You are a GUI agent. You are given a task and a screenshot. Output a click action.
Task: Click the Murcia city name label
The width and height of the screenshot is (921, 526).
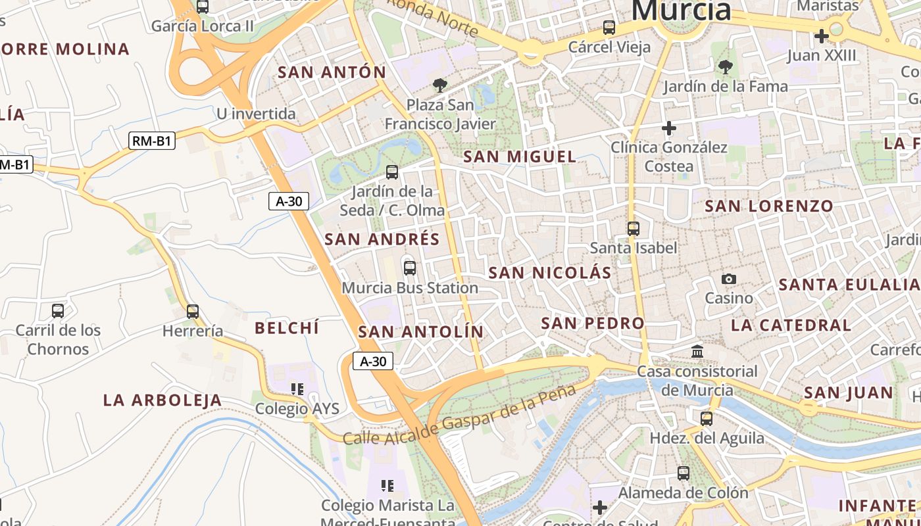[x=681, y=11]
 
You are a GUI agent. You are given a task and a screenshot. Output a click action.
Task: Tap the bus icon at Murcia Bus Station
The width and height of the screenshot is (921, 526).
[x=410, y=268]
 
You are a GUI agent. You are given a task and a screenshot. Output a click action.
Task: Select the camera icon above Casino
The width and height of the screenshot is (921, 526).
[x=728, y=279]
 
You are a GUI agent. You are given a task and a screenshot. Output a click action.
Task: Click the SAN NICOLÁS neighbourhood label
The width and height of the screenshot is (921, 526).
[x=550, y=272]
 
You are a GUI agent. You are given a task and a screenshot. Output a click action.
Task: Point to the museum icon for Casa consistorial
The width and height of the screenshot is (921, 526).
[x=697, y=352]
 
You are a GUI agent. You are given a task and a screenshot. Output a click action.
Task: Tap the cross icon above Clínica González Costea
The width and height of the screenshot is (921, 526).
[x=669, y=128]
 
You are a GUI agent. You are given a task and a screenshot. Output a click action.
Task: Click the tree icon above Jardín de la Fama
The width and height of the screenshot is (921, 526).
[x=726, y=66]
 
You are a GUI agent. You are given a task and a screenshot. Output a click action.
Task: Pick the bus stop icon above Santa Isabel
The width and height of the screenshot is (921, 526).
[x=633, y=229]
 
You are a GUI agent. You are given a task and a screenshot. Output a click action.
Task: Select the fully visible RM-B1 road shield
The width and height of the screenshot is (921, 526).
[x=152, y=140]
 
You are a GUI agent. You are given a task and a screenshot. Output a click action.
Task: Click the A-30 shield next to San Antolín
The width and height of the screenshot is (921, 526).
[x=373, y=361]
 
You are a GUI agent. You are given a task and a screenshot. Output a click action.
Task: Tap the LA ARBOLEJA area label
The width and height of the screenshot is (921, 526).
[x=162, y=400]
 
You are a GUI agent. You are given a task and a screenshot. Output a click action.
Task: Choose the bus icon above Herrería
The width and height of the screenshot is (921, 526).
[x=192, y=311]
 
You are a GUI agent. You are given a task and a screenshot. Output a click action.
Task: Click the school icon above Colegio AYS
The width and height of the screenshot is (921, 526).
[x=297, y=389]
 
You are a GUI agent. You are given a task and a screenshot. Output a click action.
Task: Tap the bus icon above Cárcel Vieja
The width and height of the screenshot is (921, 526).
[x=609, y=28]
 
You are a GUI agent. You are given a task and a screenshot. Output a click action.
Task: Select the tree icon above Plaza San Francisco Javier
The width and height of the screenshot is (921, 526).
[x=439, y=85]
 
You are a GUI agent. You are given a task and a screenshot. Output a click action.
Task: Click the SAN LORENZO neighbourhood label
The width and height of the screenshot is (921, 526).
[x=768, y=206]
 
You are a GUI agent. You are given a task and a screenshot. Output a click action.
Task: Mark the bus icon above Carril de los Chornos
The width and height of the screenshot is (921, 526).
[x=58, y=310]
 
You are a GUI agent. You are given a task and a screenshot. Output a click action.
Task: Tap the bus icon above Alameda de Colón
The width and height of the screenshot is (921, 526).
[x=683, y=473]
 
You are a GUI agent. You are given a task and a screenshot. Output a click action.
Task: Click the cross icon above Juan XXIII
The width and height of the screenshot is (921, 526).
[x=821, y=36]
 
